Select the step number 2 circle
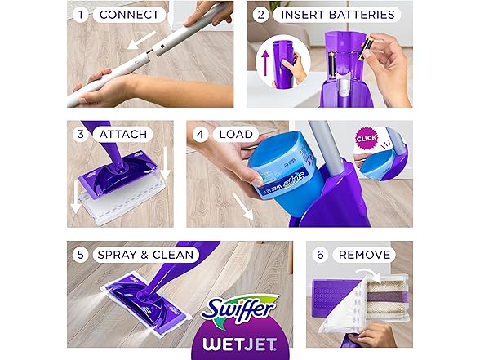(x=261, y=15)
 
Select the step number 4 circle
(x=202, y=134)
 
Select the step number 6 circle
(x=320, y=254)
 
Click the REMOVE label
(x=365, y=254)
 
